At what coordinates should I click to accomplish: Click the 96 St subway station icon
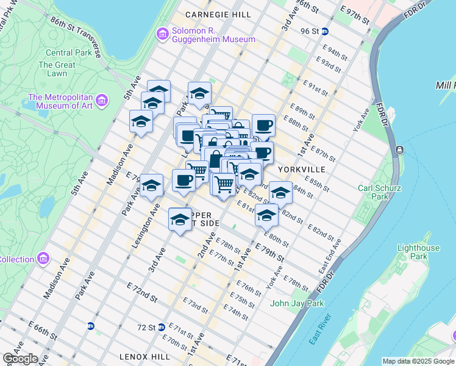[x=326, y=31]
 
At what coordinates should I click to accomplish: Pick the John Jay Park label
[x=297, y=303]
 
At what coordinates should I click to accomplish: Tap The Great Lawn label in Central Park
[x=57, y=69]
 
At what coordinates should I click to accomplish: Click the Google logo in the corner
[x=20, y=359]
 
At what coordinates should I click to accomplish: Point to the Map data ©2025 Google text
[x=418, y=361]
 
